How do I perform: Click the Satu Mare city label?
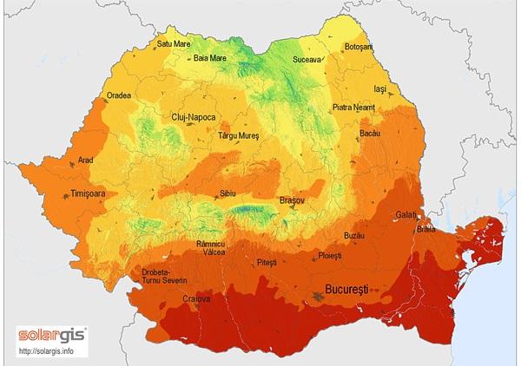click(x=174, y=42)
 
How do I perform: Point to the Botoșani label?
click(x=358, y=46)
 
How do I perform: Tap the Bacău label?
click(x=370, y=135)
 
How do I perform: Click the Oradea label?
click(x=119, y=95)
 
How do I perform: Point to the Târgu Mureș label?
click(x=240, y=136)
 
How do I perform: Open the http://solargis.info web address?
click(x=46, y=351)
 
